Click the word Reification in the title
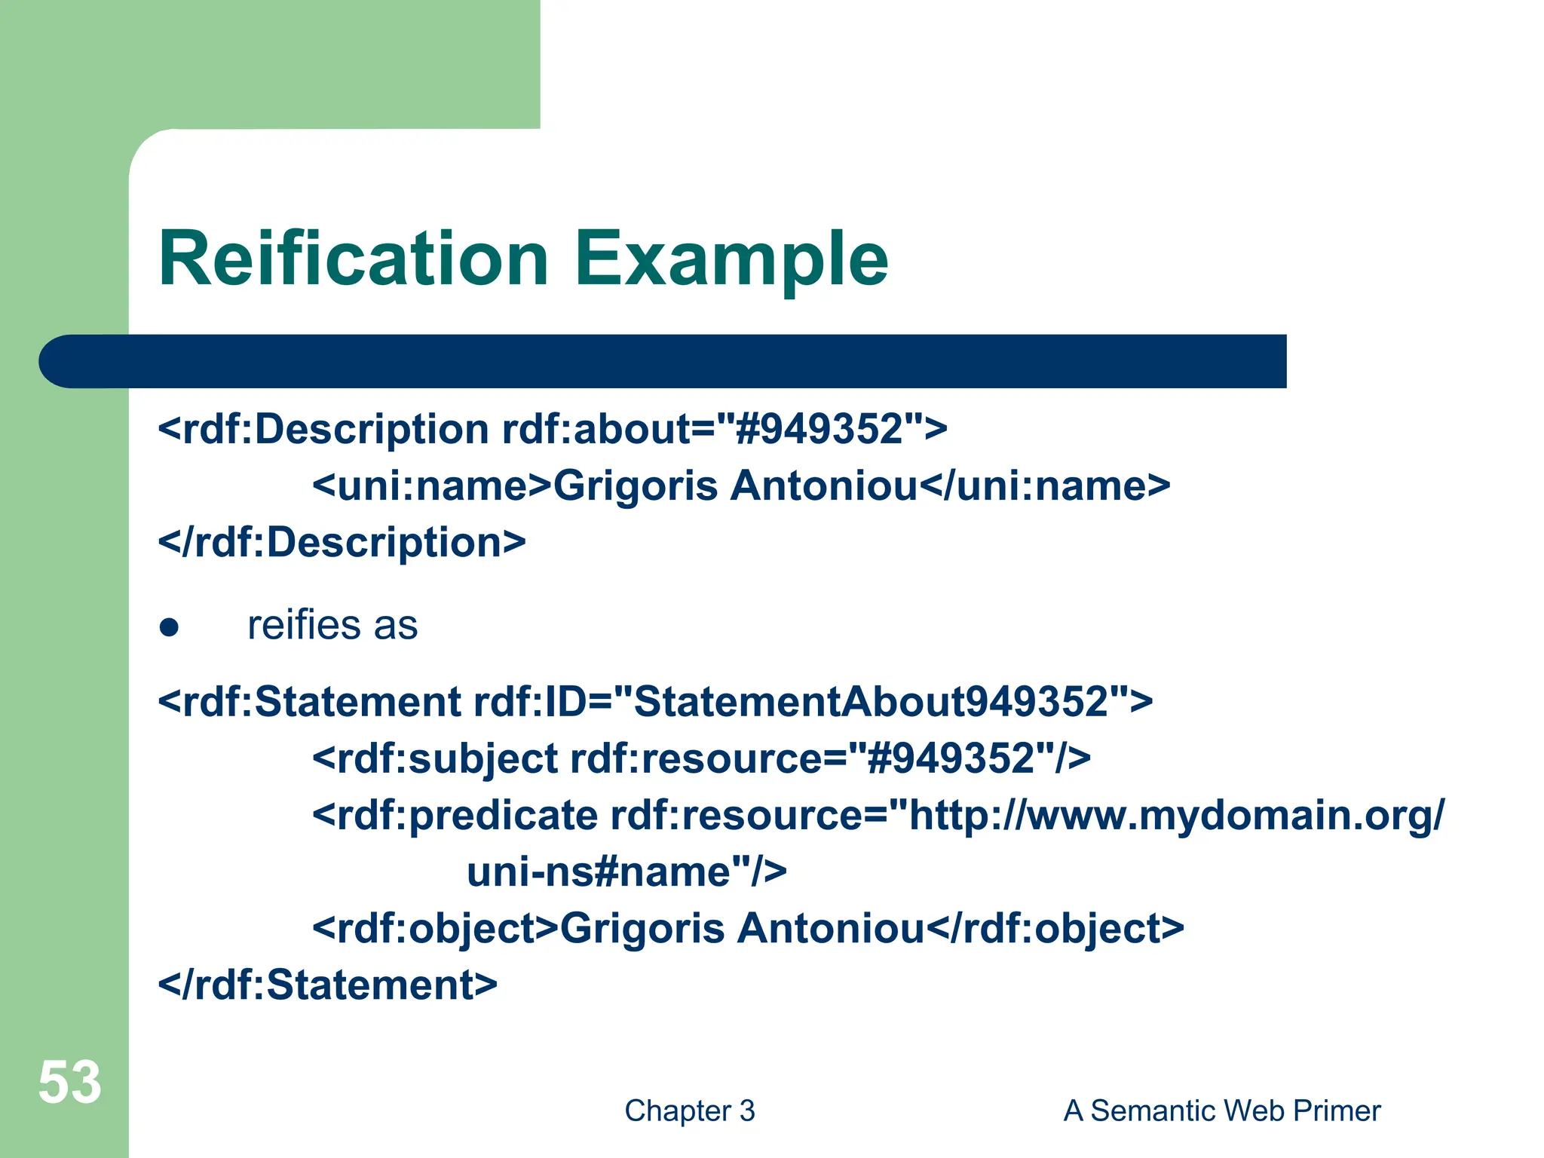click(353, 259)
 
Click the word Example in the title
click(731, 259)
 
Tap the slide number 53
click(69, 1083)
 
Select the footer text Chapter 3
click(689, 1111)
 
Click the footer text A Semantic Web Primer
click(1221, 1111)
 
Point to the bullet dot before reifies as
click(169, 627)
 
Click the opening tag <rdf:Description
click(323, 430)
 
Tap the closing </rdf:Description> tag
click(342, 543)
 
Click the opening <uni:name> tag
click(432, 486)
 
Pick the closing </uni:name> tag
click(1044, 486)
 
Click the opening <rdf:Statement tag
click(309, 702)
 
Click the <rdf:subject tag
click(435, 758)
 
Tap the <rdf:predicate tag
click(455, 815)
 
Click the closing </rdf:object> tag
click(1054, 928)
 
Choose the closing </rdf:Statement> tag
click(327, 985)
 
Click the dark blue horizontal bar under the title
click(663, 362)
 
